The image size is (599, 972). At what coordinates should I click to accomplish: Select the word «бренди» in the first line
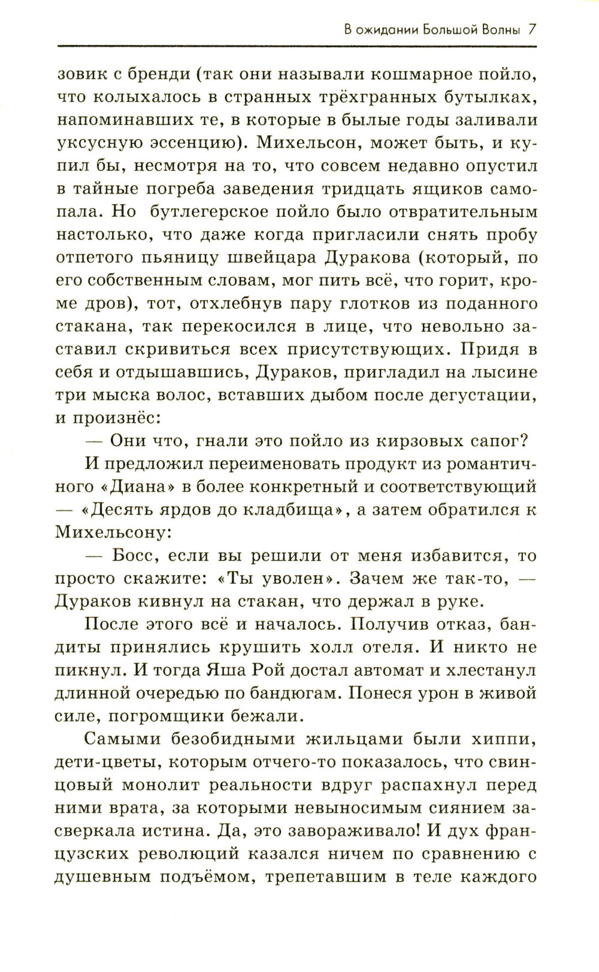[156, 75]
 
